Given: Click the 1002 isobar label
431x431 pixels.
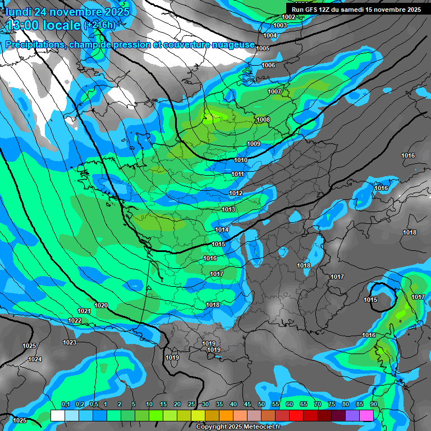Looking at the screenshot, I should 288,17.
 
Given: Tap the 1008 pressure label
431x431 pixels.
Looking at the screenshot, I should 263,120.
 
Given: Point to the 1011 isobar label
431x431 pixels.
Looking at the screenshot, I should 238,175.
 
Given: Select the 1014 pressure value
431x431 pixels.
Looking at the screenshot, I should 222,230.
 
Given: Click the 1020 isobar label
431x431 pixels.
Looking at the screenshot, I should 101,305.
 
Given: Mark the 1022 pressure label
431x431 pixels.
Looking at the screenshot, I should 75,320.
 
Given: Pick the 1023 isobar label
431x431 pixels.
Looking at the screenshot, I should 70,342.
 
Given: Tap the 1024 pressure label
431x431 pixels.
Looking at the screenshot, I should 35,359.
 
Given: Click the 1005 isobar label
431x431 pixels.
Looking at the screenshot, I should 263,48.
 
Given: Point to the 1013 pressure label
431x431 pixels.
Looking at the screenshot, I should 228,209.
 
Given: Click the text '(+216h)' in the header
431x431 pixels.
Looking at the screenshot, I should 100,25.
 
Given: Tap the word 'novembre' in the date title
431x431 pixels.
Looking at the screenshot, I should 76,12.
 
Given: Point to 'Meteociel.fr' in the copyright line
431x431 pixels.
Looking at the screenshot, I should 262,427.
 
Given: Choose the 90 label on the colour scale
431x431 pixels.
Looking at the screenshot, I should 373,404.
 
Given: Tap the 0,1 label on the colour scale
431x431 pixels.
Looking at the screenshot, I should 65,404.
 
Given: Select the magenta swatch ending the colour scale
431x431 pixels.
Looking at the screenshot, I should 366,415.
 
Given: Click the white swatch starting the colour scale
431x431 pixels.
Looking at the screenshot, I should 57,415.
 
